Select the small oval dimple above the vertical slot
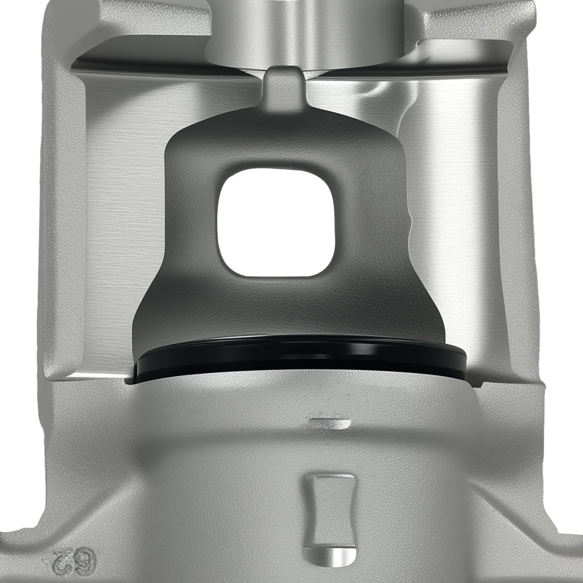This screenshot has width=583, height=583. coord(329,422)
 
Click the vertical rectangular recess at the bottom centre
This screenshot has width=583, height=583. coord(330,513)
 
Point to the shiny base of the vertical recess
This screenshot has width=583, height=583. coord(330,553)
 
